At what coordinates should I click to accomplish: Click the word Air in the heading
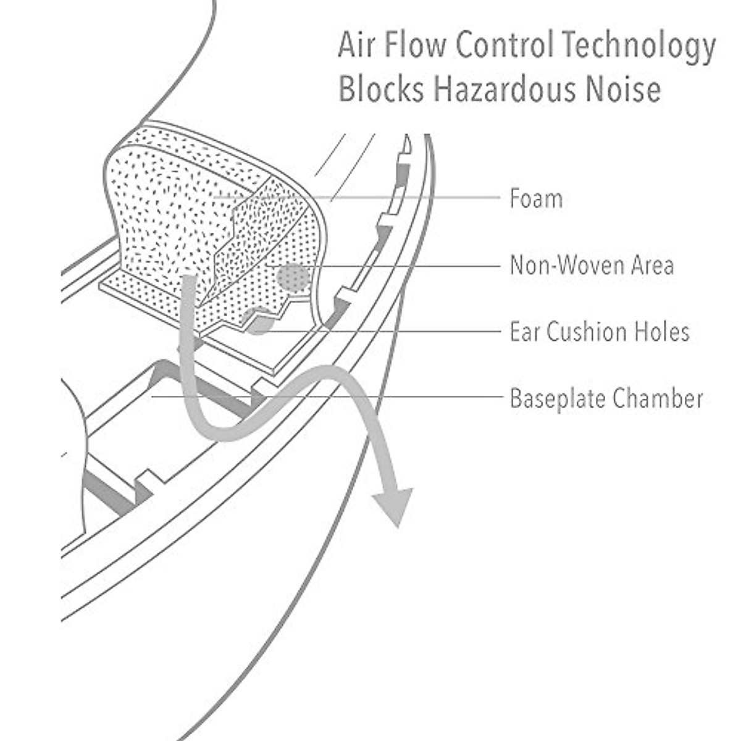click(357, 46)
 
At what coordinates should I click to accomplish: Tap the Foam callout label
click(536, 199)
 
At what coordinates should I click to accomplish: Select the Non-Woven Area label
click(592, 266)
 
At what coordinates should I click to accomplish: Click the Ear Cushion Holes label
click(599, 332)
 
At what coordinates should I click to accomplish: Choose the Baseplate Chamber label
click(606, 399)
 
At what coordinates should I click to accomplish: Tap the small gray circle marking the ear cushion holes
click(259, 320)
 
